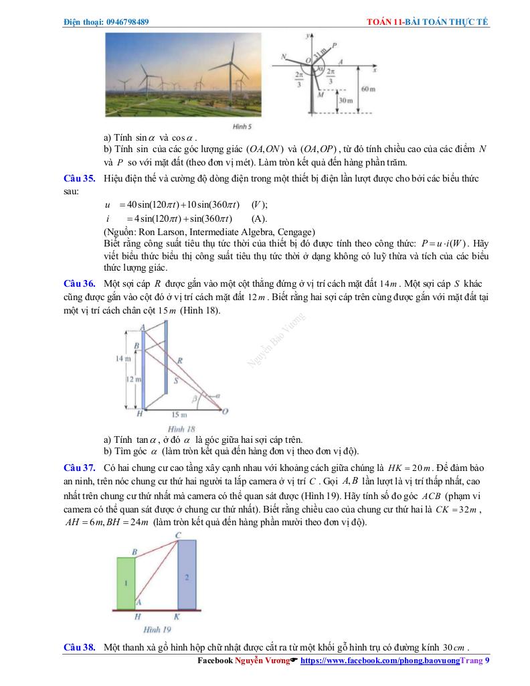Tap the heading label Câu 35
[79, 179]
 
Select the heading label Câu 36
[79, 283]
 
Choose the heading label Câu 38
[79, 648]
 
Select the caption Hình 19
[157, 630]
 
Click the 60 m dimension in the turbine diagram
[369, 88]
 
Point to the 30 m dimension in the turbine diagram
[345, 100]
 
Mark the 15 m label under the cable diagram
[179, 415]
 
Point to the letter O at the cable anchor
[225, 411]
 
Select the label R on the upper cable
[180, 360]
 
